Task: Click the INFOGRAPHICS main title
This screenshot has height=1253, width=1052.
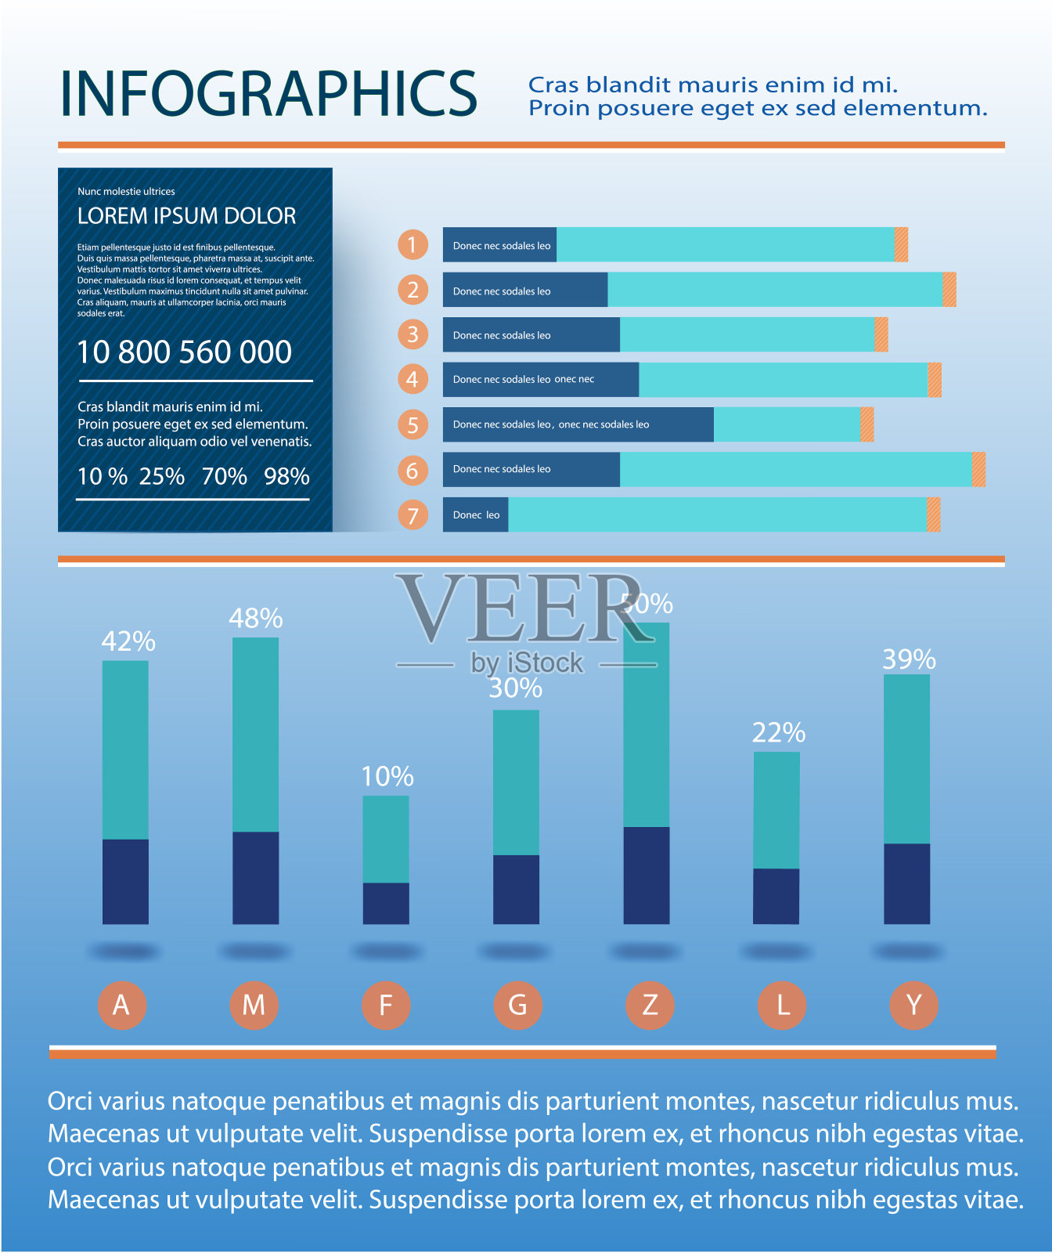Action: (x=268, y=94)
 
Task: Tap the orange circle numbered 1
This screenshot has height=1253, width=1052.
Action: (x=413, y=244)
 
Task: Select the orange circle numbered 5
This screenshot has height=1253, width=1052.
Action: (x=413, y=424)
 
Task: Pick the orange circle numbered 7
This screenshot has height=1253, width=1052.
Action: (x=413, y=515)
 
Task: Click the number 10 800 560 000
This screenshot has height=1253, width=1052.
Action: (x=185, y=352)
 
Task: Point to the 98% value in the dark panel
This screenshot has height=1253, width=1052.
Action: (x=286, y=476)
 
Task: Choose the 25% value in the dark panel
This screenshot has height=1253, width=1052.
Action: (x=162, y=476)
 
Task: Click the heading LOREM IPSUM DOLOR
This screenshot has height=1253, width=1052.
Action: (x=186, y=216)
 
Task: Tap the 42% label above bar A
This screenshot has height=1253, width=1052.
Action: (x=128, y=641)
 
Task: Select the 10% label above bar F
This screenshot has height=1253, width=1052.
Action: (x=387, y=776)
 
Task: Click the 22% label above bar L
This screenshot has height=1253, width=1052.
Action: (x=779, y=732)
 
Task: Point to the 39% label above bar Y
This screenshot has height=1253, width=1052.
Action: (x=909, y=659)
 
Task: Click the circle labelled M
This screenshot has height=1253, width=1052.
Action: (x=254, y=1005)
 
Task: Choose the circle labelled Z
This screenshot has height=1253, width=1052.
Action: (x=650, y=1005)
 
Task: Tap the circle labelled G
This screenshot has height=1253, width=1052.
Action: (x=517, y=1005)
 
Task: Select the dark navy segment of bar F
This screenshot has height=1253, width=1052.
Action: (x=386, y=903)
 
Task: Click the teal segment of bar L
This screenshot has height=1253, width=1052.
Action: (x=776, y=810)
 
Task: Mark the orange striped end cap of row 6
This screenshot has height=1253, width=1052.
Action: (x=978, y=470)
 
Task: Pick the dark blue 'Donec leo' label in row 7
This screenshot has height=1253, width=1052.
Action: (x=476, y=515)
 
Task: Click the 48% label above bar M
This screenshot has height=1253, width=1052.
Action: (x=255, y=618)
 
